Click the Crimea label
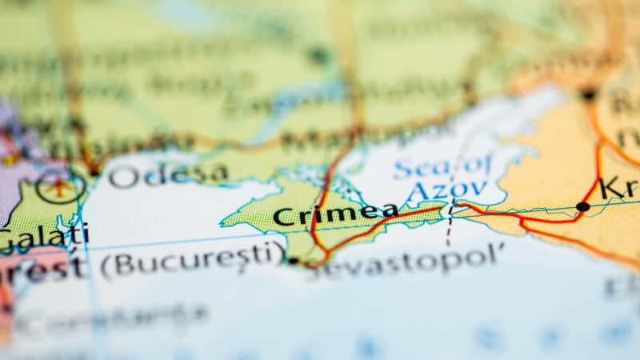pos(335,215)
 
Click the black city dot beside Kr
pos(582,206)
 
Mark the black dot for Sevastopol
pos(294,260)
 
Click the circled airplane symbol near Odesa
pos(61,187)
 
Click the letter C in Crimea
pos(281,217)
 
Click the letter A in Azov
pos(416,194)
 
